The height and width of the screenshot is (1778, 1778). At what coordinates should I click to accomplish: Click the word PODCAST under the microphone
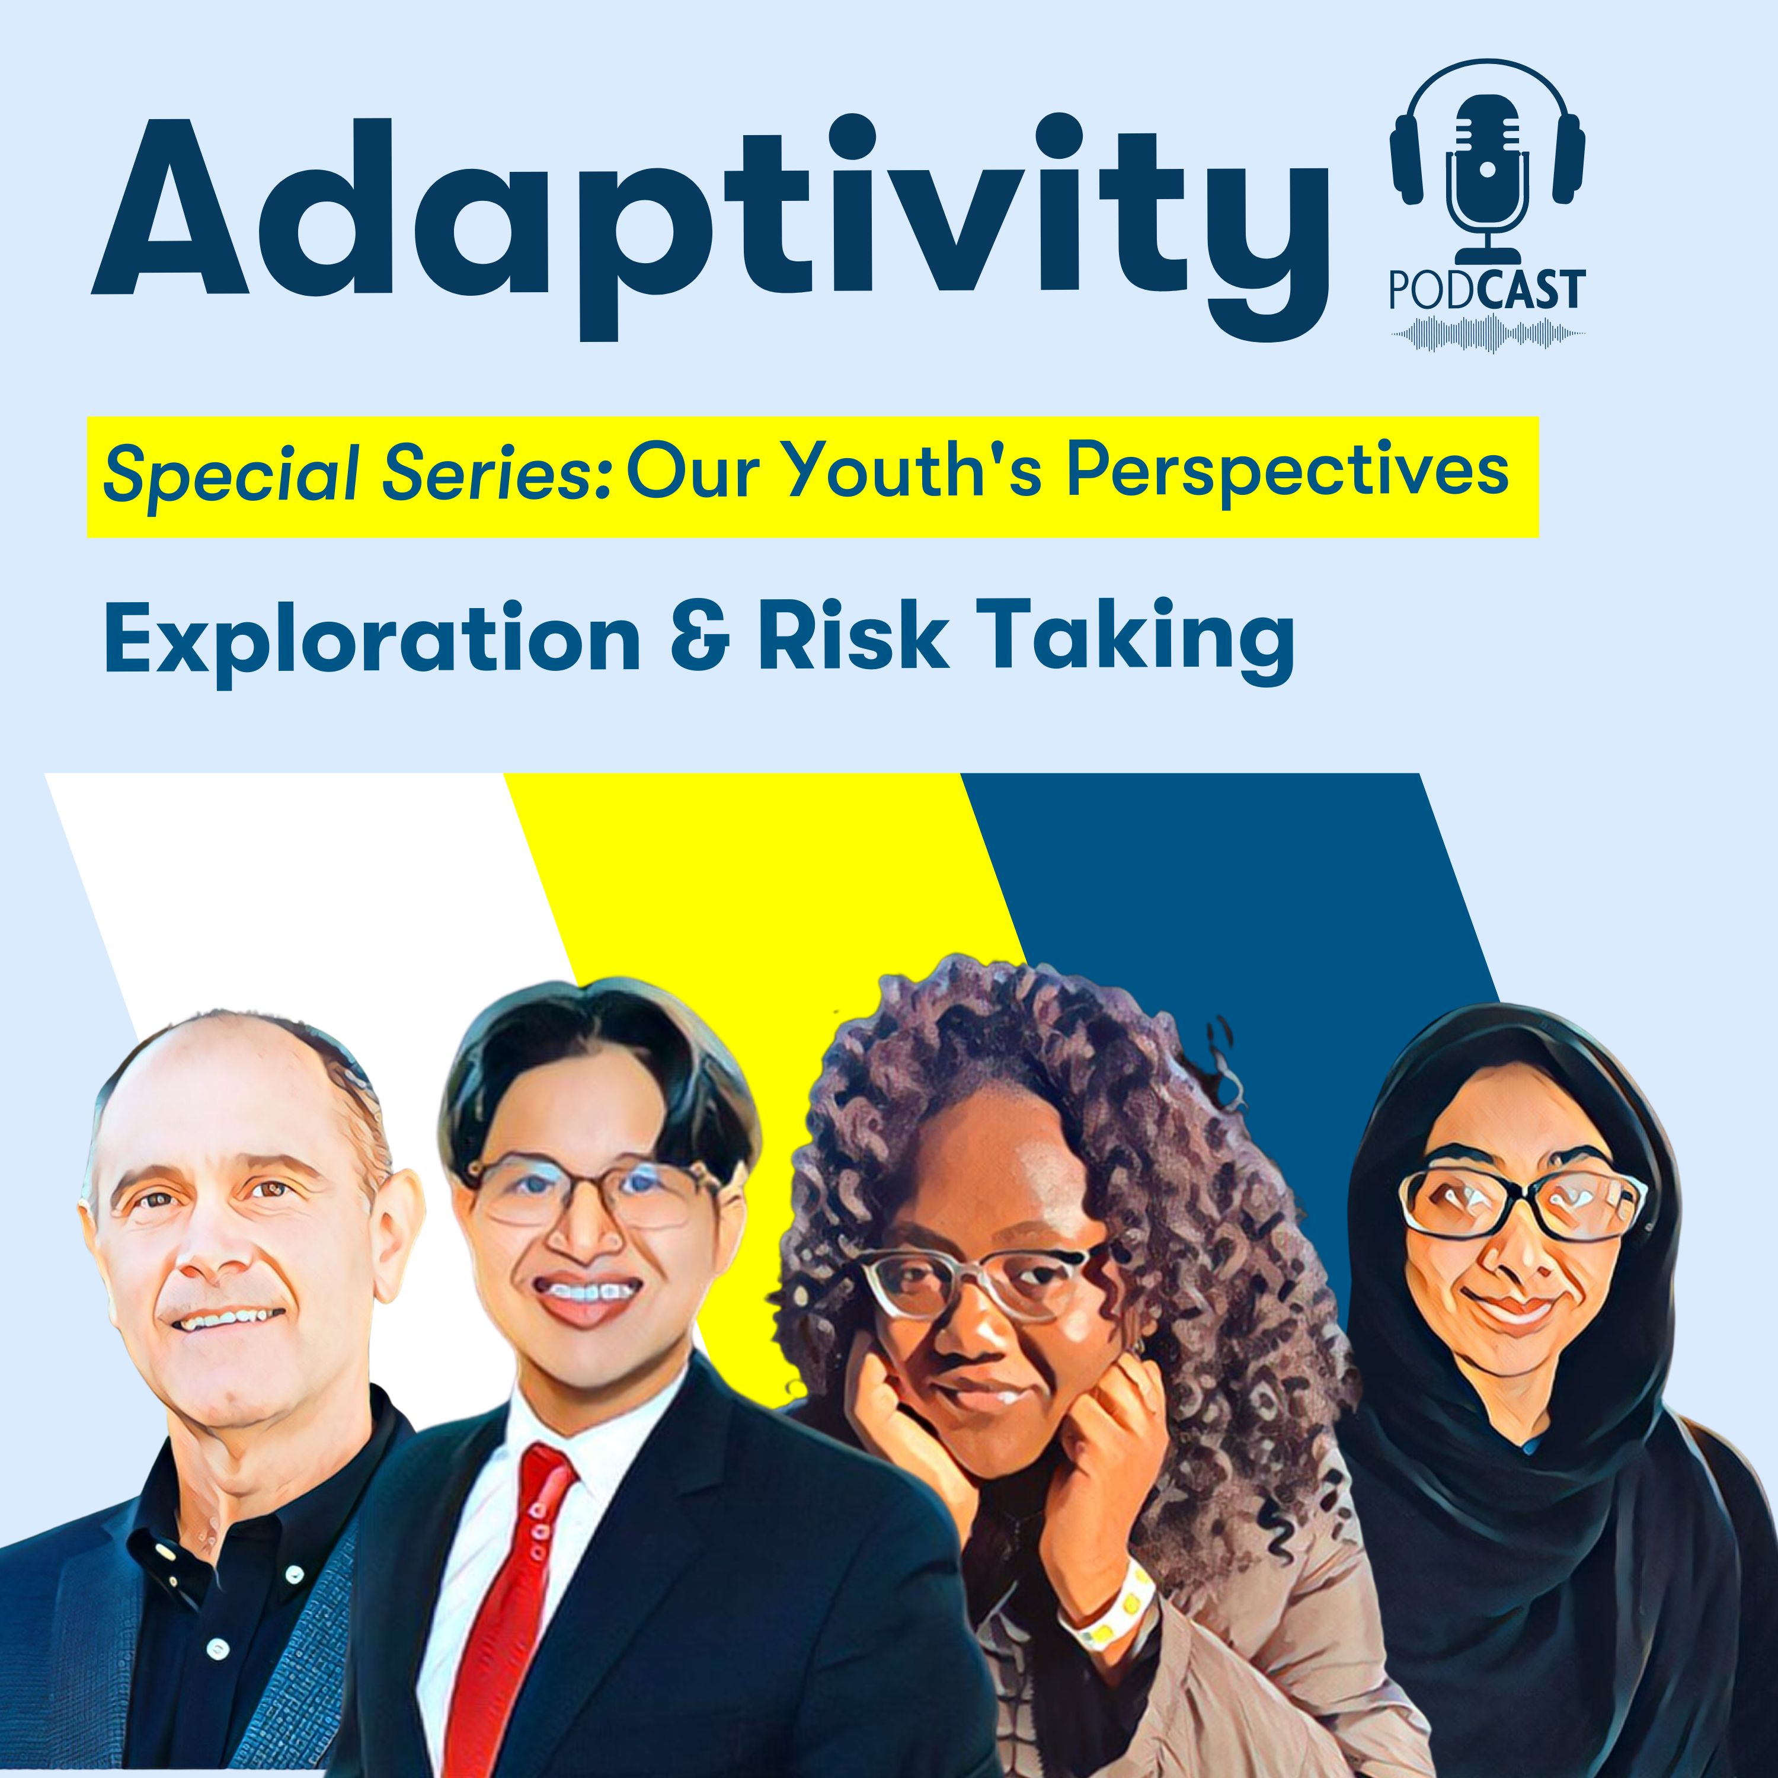1487,290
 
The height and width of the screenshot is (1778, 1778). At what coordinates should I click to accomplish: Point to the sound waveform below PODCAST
1488,333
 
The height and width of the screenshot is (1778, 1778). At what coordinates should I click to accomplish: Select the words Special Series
357,477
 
